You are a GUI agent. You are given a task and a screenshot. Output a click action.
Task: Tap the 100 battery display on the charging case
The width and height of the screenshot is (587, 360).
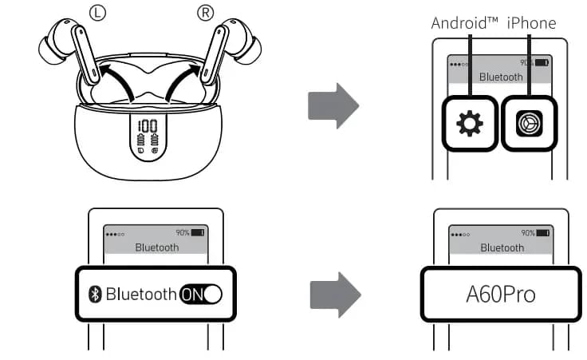tap(148, 125)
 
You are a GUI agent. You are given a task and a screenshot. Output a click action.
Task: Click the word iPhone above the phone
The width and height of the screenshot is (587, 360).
tap(531, 22)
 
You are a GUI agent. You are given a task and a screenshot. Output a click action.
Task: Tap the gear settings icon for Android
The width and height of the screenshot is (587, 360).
tap(469, 124)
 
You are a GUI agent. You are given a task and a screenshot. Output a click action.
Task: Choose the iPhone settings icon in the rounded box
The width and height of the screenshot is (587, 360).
tap(527, 124)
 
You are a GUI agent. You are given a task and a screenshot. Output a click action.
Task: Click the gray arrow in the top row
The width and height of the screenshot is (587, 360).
tap(333, 105)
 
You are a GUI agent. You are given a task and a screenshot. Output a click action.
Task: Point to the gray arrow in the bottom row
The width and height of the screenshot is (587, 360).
tap(333, 293)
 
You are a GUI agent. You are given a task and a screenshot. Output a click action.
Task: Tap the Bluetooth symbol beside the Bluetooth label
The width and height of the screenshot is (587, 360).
tap(95, 295)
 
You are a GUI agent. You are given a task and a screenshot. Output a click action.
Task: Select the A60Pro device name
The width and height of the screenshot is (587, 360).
tap(501, 294)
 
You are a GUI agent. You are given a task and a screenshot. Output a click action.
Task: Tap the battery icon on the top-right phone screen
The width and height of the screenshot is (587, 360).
tap(542, 62)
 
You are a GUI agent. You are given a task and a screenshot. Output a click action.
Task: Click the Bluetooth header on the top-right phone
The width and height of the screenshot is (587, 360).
tap(500, 77)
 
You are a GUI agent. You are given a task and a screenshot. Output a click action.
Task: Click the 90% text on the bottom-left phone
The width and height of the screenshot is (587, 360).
tap(182, 232)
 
